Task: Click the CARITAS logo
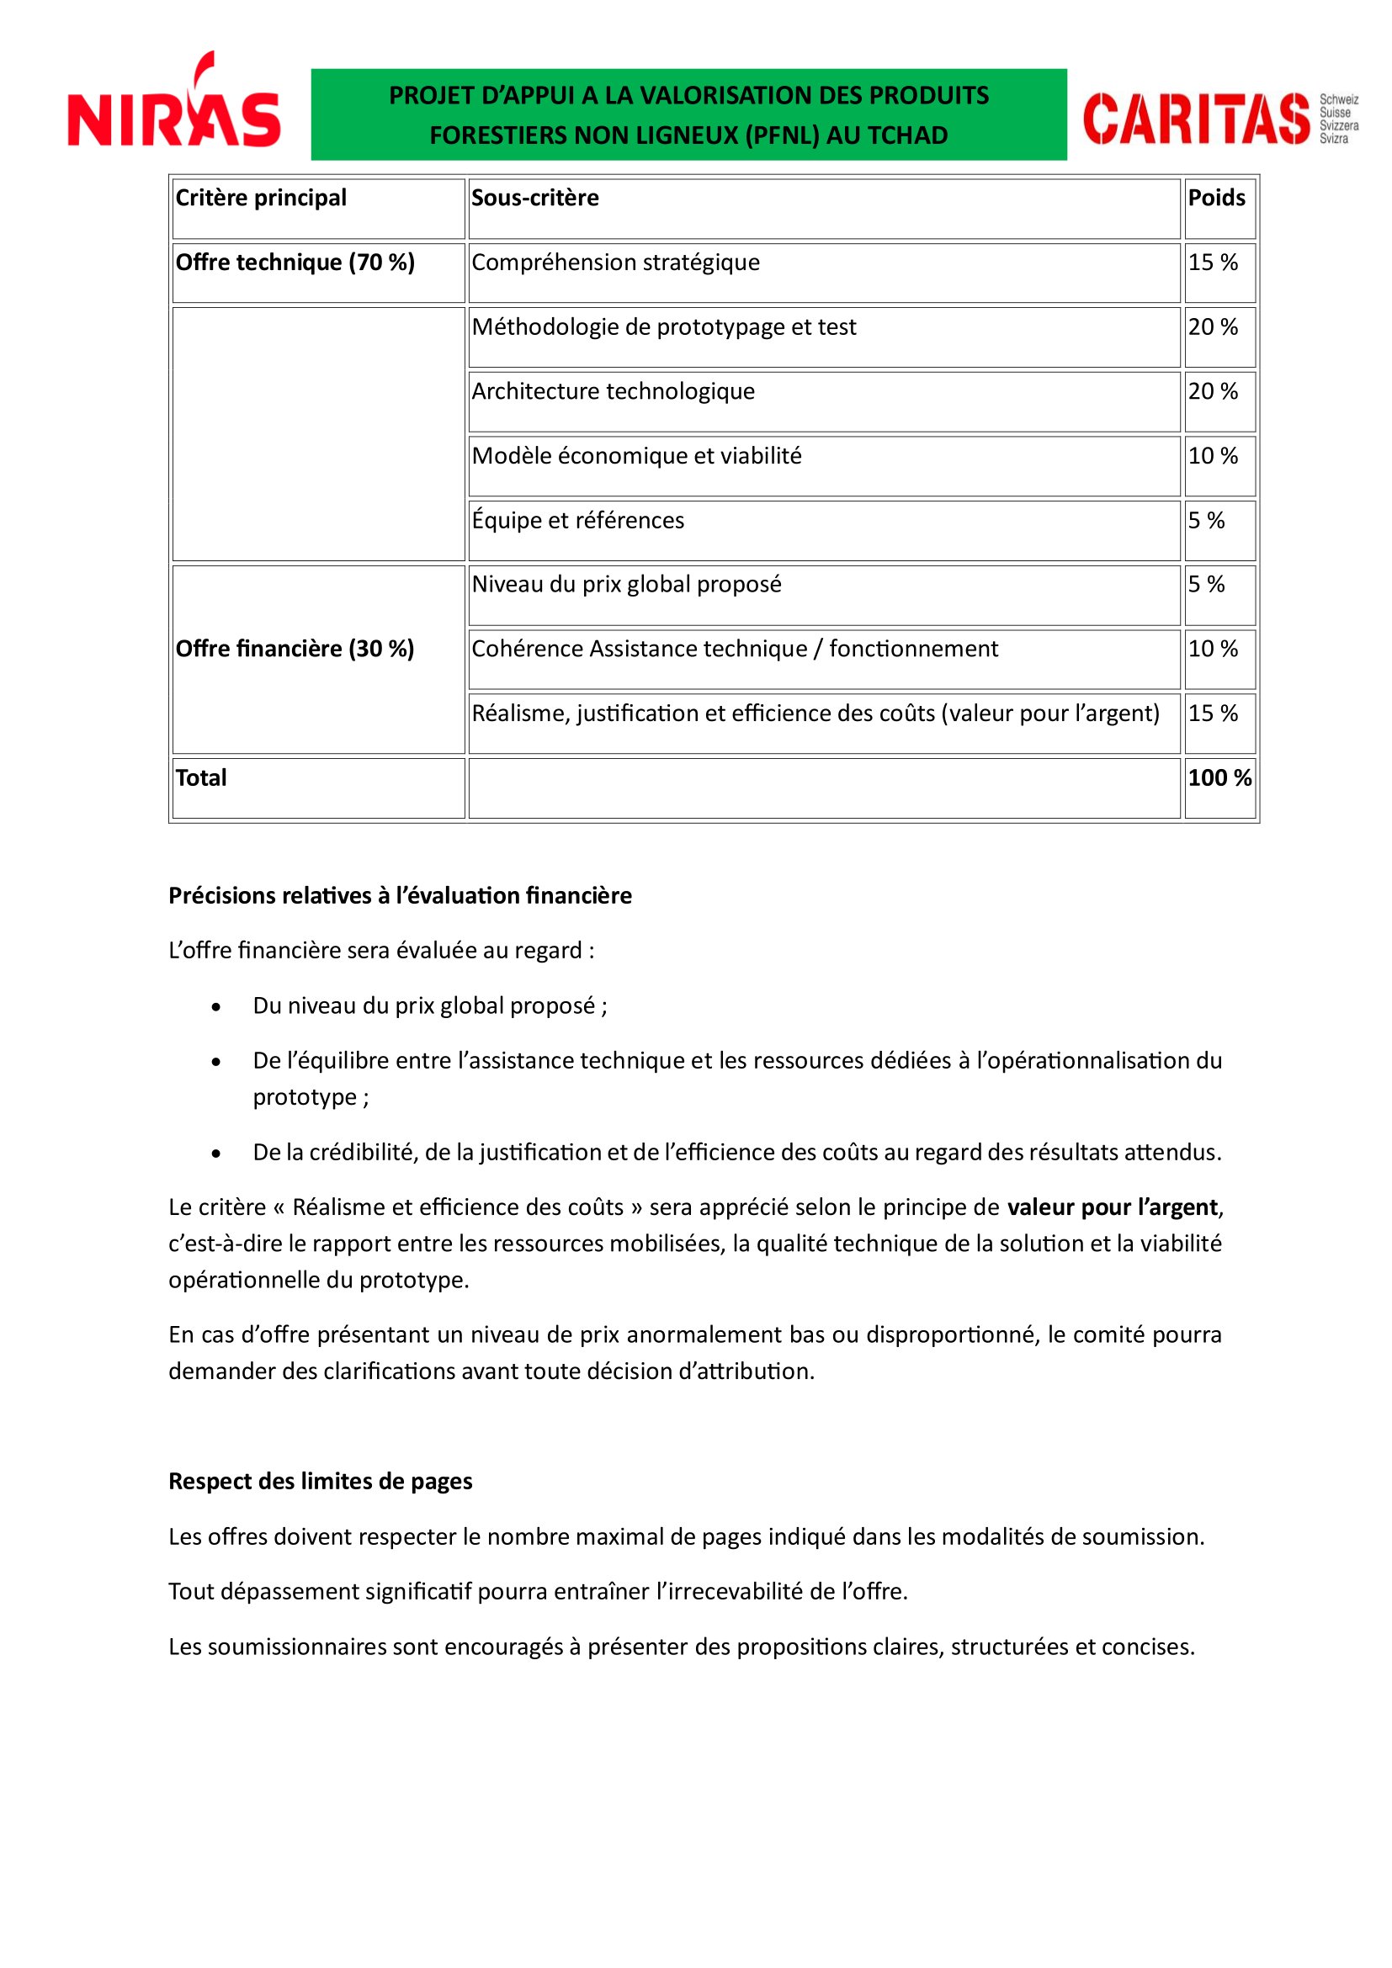(x=1219, y=119)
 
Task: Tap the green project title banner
(x=688, y=115)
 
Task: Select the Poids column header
(x=1216, y=199)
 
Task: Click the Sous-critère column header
(x=535, y=199)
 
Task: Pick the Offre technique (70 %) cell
(x=295, y=263)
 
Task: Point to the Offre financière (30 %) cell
(x=295, y=649)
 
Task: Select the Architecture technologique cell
(x=614, y=392)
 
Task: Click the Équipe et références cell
(x=577, y=521)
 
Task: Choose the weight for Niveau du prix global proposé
(x=1206, y=585)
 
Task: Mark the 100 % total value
(x=1219, y=778)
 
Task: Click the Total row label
(x=201, y=778)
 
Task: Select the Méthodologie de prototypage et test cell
(x=663, y=327)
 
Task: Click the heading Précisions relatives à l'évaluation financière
(x=400, y=896)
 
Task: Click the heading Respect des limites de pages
(x=320, y=1482)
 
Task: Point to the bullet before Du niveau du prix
(x=216, y=1007)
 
